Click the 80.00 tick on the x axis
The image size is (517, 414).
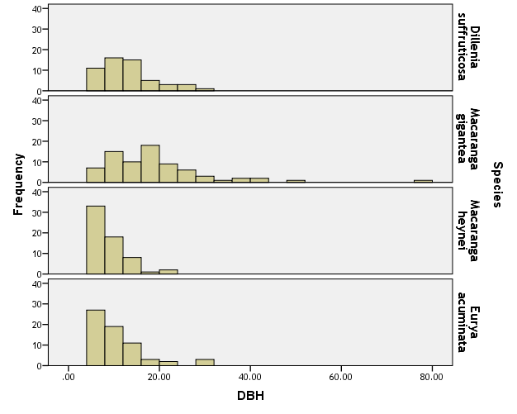(431, 377)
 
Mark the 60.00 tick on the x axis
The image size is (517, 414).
(340, 377)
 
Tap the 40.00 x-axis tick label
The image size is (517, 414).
(249, 377)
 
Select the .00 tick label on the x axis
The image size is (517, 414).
(69, 377)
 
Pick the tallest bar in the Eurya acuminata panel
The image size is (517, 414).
(95, 337)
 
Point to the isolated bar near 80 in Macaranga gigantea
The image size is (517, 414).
(423, 181)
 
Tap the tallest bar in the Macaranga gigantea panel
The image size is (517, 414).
(149, 164)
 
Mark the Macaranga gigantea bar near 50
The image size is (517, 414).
(296, 181)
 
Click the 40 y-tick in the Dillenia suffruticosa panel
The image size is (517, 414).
(37, 9)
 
